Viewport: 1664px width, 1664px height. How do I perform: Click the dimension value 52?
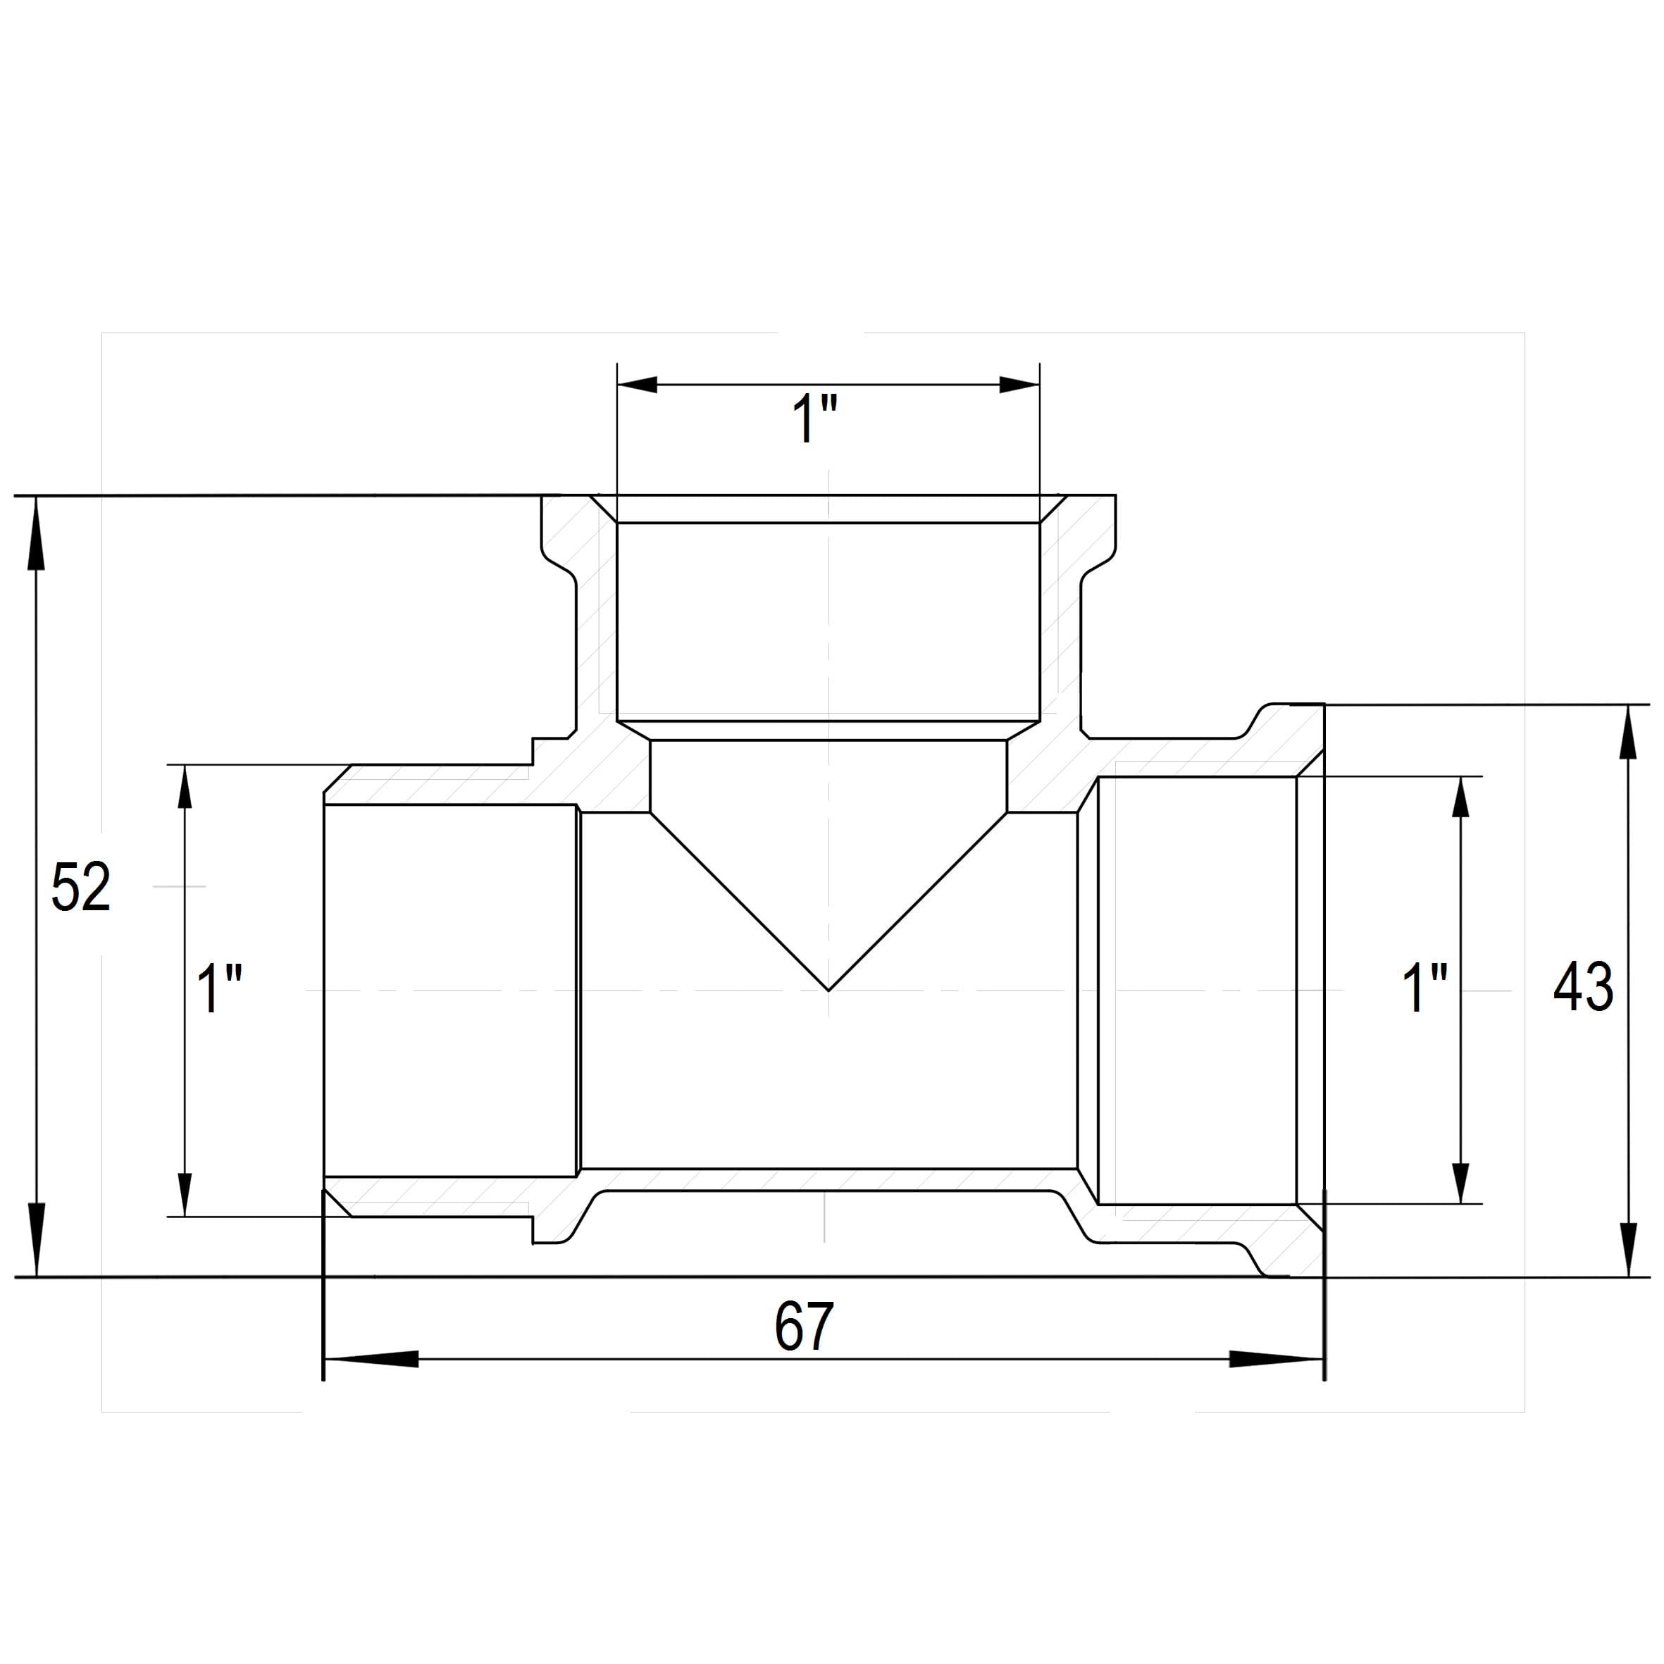tap(81, 887)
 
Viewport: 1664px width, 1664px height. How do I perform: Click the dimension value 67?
tap(805, 1327)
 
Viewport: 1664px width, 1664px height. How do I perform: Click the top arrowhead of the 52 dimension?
tap(36, 533)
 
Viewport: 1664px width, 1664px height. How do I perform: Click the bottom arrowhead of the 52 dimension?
tap(36, 1238)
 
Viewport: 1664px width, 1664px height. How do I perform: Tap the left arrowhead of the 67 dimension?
tap(371, 1359)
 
